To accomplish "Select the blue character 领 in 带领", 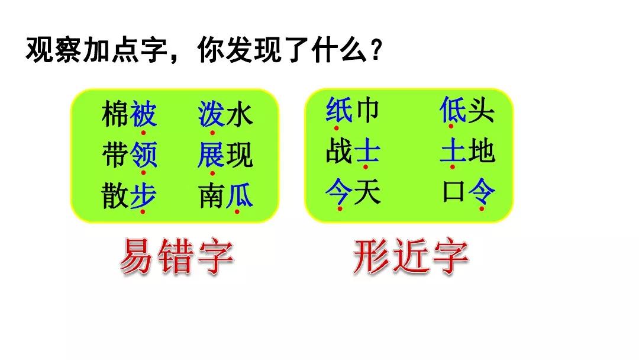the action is pyautogui.click(x=143, y=155).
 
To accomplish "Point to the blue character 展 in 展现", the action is pyautogui.click(x=211, y=155).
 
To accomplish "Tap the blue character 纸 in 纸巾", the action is pyautogui.click(x=339, y=110).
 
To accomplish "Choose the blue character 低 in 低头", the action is pyautogui.click(x=453, y=110).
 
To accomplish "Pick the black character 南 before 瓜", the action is pyautogui.click(x=212, y=195).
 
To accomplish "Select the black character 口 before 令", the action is pyautogui.click(x=454, y=192).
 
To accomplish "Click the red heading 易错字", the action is pyautogui.click(x=177, y=256).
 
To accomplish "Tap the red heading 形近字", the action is pyautogui.click(x=411, y=256).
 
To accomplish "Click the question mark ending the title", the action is pyautogui.click(x=376, y=50).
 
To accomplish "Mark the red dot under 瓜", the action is pyautogui.click(x=237, y=211).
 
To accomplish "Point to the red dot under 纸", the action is pyautogui.click(x=336, y=128).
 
